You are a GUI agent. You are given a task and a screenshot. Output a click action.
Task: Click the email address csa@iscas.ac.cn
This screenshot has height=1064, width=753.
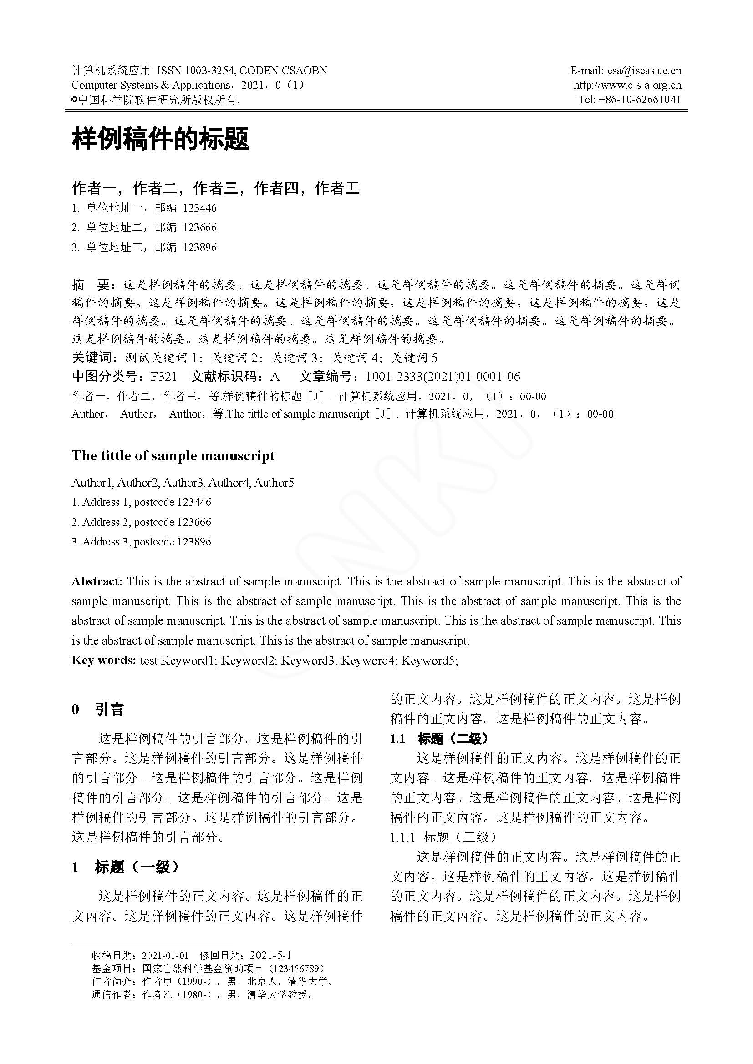(x=644, y=71)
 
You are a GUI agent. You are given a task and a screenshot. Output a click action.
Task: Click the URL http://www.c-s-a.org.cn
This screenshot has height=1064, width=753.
(x=627, y=85)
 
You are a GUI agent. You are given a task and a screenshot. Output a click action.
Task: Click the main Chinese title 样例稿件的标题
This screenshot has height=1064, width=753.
(x=160, y=139)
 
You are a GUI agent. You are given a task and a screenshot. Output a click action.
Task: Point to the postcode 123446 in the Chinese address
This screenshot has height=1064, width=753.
(x=199, y=208)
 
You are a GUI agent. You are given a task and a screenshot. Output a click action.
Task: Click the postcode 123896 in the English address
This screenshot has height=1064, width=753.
(x=194, y=542)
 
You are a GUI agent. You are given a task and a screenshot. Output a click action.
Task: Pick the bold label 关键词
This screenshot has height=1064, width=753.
(x=92, y=357)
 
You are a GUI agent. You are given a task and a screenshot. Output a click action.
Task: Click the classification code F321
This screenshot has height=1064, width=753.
(x=164, y=376)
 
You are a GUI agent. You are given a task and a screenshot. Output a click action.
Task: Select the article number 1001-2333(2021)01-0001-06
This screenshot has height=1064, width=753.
(x=443, y=376)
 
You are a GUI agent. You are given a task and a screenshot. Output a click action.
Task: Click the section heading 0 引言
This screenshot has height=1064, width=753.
(x=98, y=709)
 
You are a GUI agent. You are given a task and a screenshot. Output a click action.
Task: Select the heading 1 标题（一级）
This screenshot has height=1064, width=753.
(x=125, y=867)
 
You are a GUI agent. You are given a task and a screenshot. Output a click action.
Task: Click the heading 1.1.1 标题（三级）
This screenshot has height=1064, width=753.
(x=443, y=837)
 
